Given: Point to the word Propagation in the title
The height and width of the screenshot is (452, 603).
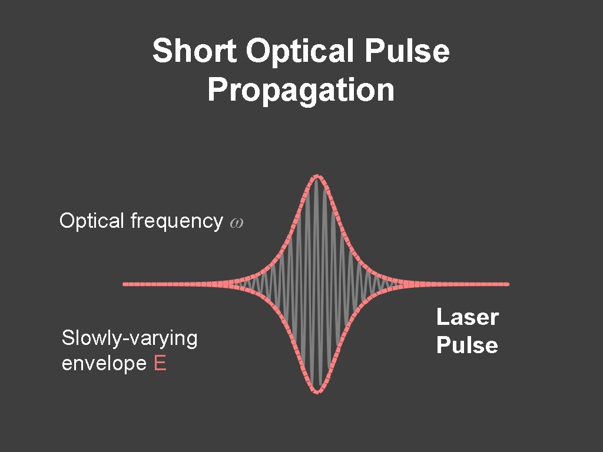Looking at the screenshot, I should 300,91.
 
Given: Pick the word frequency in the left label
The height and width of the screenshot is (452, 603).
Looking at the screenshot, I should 176,221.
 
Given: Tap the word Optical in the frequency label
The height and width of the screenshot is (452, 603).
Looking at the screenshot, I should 92,221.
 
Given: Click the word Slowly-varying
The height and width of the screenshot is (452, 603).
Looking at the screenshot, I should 130,338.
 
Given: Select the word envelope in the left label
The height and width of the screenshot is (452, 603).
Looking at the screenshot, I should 104,364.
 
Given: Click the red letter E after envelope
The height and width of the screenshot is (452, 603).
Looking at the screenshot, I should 160,364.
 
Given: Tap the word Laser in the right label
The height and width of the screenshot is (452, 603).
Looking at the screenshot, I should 467,318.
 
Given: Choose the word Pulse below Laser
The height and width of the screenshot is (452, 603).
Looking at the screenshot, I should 467,345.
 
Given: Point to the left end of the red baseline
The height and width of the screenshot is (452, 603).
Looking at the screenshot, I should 125,284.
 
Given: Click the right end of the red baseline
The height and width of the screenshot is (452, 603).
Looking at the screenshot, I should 506,284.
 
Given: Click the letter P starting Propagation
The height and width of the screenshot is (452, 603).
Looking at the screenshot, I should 216,91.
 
